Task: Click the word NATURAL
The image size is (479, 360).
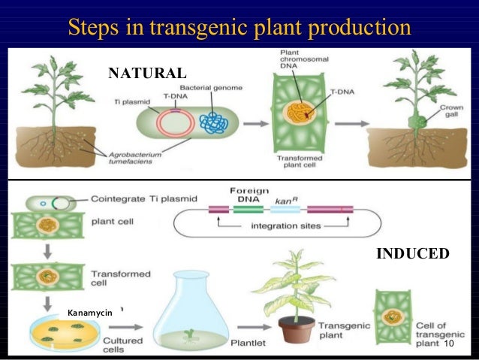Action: (147, 73)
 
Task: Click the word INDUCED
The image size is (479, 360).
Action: (412, 254)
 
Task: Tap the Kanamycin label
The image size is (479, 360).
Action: (89, 312)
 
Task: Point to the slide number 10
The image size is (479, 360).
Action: (450, 343)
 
